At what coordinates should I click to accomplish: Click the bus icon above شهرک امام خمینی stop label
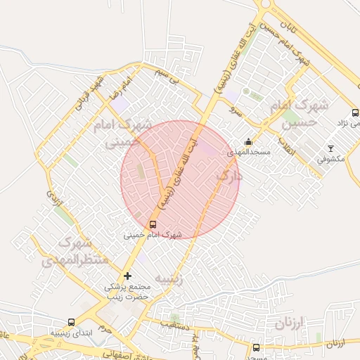coord(153,224)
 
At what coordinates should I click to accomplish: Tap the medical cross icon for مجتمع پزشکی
coord(127,276)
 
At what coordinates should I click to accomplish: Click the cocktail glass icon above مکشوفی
coord(331,148)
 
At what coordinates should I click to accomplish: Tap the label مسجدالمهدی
coord(245,152)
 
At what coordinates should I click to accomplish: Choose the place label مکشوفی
coord(330,159)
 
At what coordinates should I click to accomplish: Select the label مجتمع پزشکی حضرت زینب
coord(128,292)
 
